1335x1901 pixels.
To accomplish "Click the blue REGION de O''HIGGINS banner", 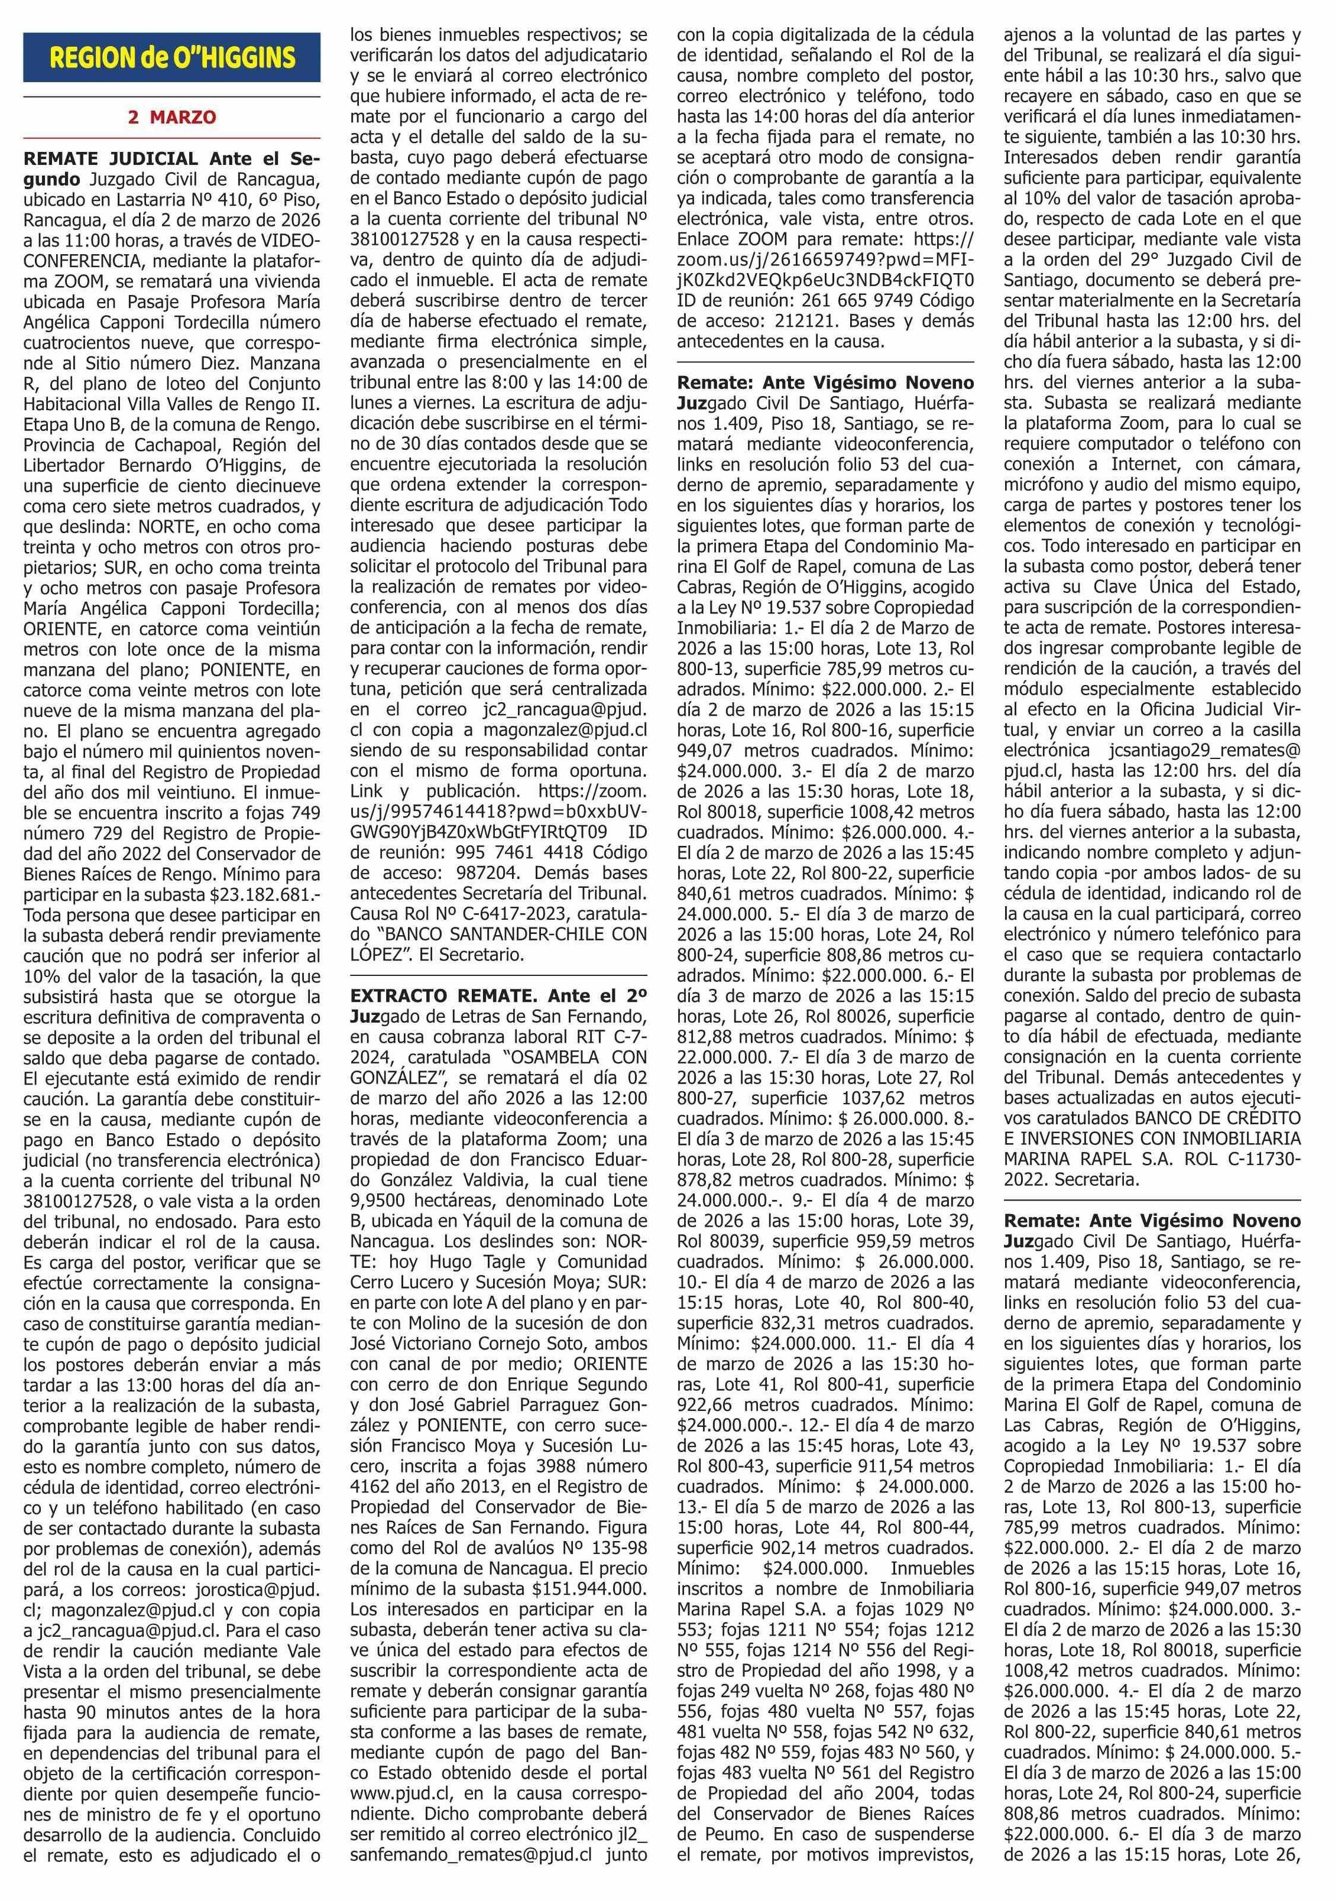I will (171, 59).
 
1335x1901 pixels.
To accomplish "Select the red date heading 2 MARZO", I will (171, 118).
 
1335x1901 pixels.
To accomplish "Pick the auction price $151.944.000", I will (589, 1588).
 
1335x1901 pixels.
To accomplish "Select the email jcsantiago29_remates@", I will (1205, 750).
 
